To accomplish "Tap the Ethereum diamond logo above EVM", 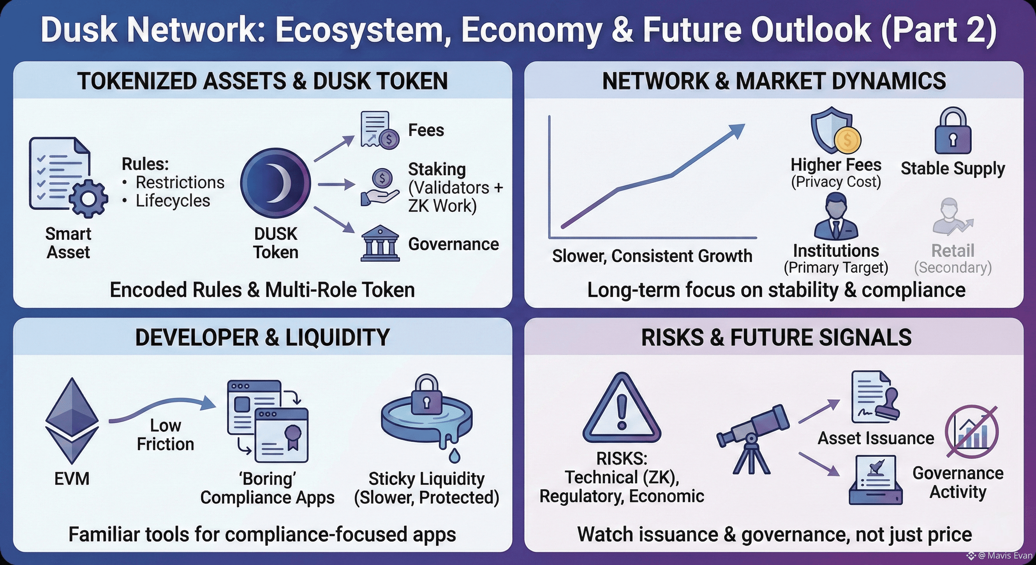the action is click(x=72, y=420).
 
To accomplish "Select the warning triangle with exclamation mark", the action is click(x=622, y=408).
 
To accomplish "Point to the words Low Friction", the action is click(x=165, y=435).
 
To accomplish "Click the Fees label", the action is click(x=426, y=130).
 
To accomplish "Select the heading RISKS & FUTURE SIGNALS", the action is click(x=776, y=337).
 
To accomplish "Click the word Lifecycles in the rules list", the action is click(x=173, y=200).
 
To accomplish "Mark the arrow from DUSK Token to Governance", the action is click(x=334, y=220).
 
